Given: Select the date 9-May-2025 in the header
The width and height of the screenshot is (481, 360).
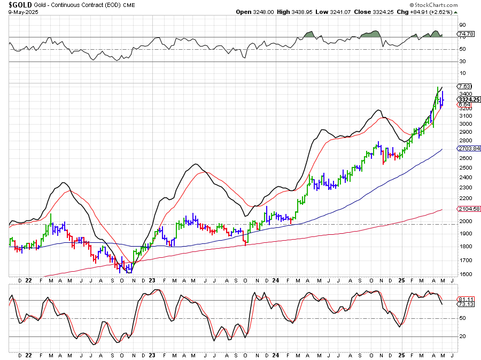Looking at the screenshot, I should tap(21, 12).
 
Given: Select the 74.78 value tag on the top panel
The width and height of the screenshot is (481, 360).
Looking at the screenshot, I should tap(466, 34).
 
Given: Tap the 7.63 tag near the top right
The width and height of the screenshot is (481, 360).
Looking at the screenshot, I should tap(464, 86).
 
